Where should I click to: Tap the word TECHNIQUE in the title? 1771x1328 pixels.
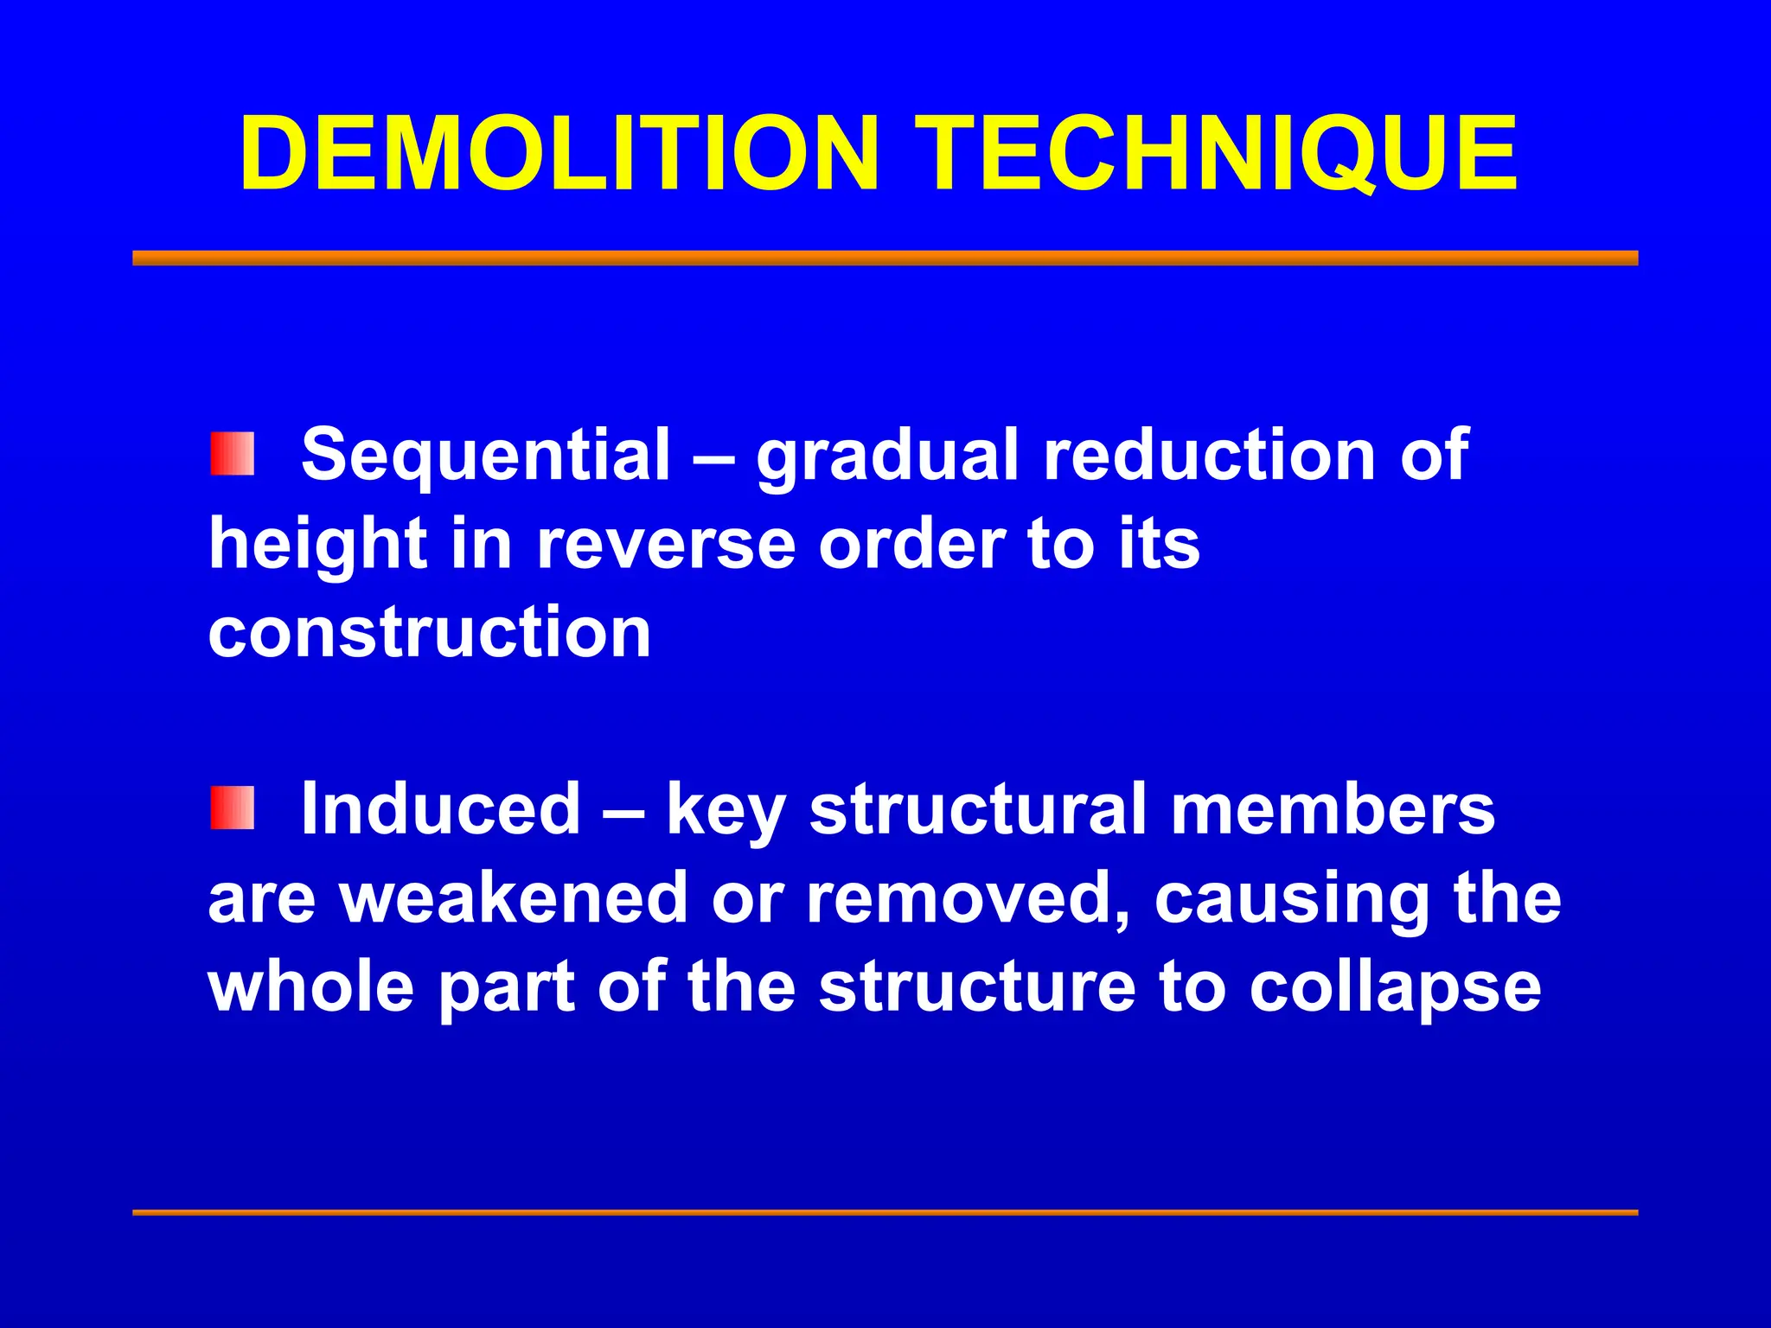(1215, 154)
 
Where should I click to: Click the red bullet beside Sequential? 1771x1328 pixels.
(232, 454)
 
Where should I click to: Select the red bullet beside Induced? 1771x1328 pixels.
(232, 808)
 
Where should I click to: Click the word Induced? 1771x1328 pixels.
(440, 808)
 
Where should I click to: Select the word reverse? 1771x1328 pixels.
(666, 546)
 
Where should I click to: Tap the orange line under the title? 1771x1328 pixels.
(885, 258)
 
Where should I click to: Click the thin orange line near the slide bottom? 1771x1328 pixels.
(885, 1212)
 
